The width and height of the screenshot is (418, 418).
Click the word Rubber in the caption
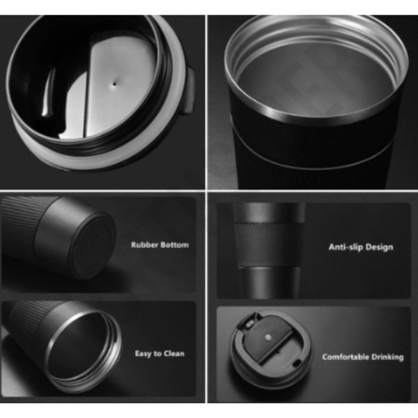[144, 245]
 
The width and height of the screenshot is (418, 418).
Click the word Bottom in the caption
[174, 245]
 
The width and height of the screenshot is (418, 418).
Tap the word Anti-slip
[345, 247]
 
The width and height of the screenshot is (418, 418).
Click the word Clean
[174, 353]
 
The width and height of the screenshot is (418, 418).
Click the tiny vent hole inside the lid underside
[115, 84]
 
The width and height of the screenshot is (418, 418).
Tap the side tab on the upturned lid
[189, 91]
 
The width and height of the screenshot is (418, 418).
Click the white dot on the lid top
[268, 337]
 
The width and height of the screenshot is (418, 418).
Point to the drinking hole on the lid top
[297, 362]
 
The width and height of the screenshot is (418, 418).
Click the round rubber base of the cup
[92, 245]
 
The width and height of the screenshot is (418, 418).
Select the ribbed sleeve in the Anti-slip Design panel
[269, 245]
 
